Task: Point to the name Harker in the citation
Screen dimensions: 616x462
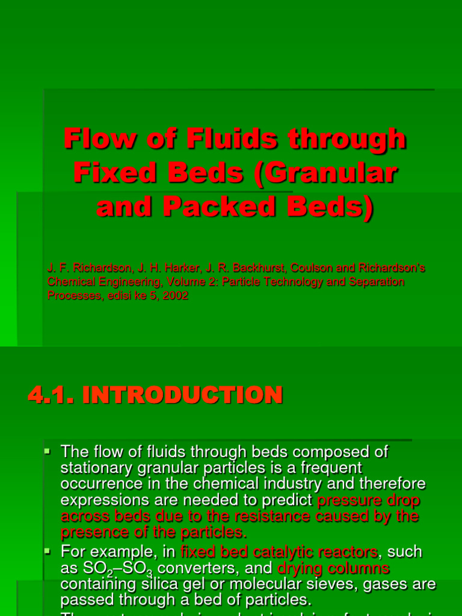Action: pos(155,266)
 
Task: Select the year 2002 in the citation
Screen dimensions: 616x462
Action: pos(177,295)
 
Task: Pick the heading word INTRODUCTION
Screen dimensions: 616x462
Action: pos(182,395)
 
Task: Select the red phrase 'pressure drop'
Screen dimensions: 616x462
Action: pos(368,500)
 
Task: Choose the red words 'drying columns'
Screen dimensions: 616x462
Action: pos(334,568)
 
